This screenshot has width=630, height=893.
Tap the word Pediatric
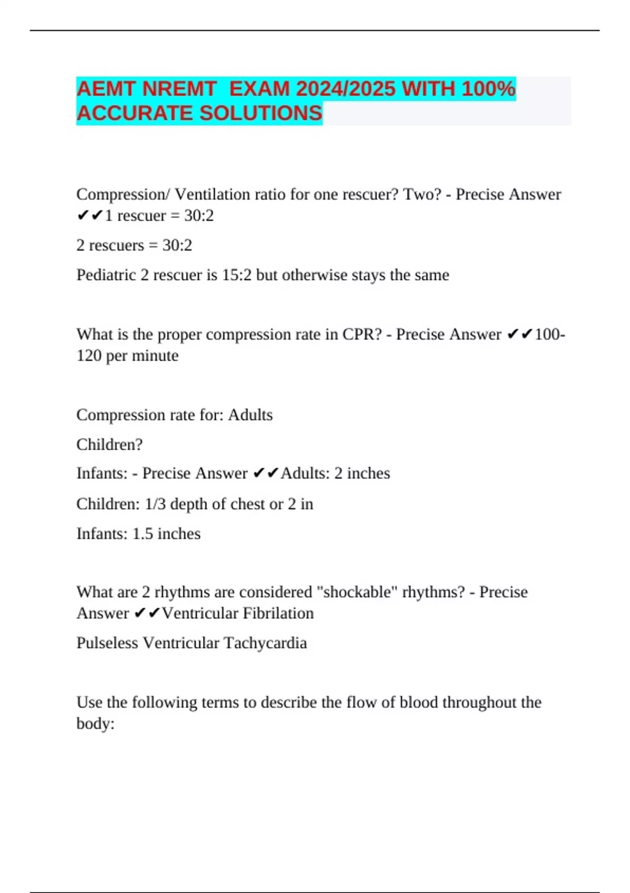pos(106,275)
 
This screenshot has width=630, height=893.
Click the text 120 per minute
pos(128,356)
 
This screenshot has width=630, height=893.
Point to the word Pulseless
pos(107,643)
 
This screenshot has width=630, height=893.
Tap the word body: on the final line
pos(96,724)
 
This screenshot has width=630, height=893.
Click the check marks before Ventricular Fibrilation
pos(147,613)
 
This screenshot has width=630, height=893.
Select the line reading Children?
pos(109,444)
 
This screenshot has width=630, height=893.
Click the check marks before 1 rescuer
pos(90,216)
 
